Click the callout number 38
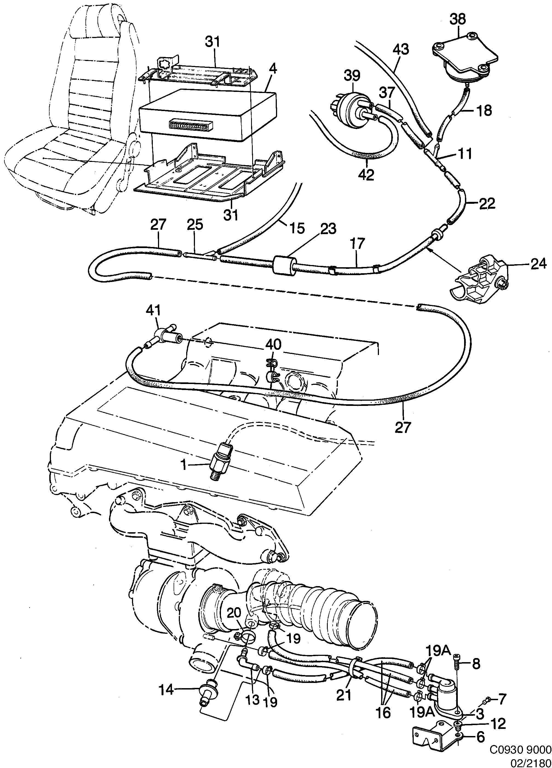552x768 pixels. click(x=458, y=19)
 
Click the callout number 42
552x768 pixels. click(x=366, y=175)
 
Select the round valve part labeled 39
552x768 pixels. click(x=353, y=108)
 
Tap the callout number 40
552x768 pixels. click(x=273, y=345)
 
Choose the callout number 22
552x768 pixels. click(x=487, y=203)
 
